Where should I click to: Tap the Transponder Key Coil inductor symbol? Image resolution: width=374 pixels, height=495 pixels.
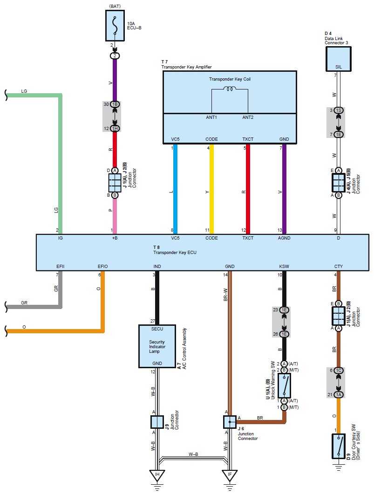[x=230, y=89]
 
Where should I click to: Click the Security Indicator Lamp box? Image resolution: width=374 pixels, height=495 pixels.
[x=157, y=346]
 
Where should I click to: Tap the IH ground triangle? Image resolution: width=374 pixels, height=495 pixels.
[x=157, y=475]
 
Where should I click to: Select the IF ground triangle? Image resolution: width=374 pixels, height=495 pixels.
[x=230, y=475]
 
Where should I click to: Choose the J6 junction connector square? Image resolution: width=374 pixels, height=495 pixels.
[x=230, y=422]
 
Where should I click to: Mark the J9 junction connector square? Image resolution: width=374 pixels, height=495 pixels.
[x=157, y=422]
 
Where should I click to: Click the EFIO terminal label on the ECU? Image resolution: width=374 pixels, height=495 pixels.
[x=103, y=267]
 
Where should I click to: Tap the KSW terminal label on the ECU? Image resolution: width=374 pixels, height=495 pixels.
[x=284, y=267]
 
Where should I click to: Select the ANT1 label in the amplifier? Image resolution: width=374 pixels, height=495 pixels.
[x=211, y=117]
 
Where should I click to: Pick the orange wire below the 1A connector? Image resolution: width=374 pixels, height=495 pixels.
[x=339, y=415]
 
